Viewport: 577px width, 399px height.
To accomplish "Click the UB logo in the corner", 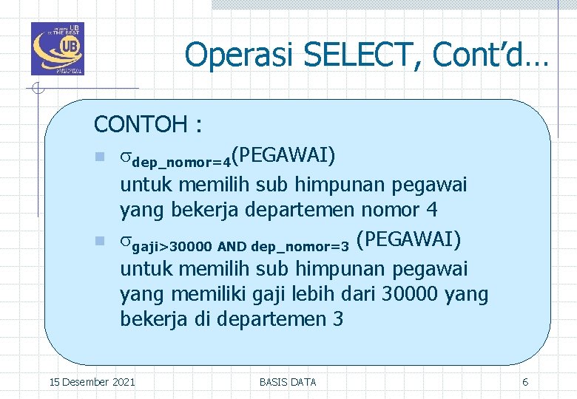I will (58, 49).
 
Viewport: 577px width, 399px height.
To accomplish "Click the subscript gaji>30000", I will (172, 245).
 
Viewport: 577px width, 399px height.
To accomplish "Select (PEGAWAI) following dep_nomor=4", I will (283, 155).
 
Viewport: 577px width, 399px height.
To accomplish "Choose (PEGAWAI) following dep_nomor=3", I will (408, 239).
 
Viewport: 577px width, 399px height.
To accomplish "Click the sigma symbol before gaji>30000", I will (125, 241).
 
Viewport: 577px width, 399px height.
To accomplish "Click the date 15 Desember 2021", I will (92, 382).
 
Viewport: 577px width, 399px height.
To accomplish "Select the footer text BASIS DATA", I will (288, 382).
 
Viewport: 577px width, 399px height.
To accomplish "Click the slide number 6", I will (525, 382).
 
